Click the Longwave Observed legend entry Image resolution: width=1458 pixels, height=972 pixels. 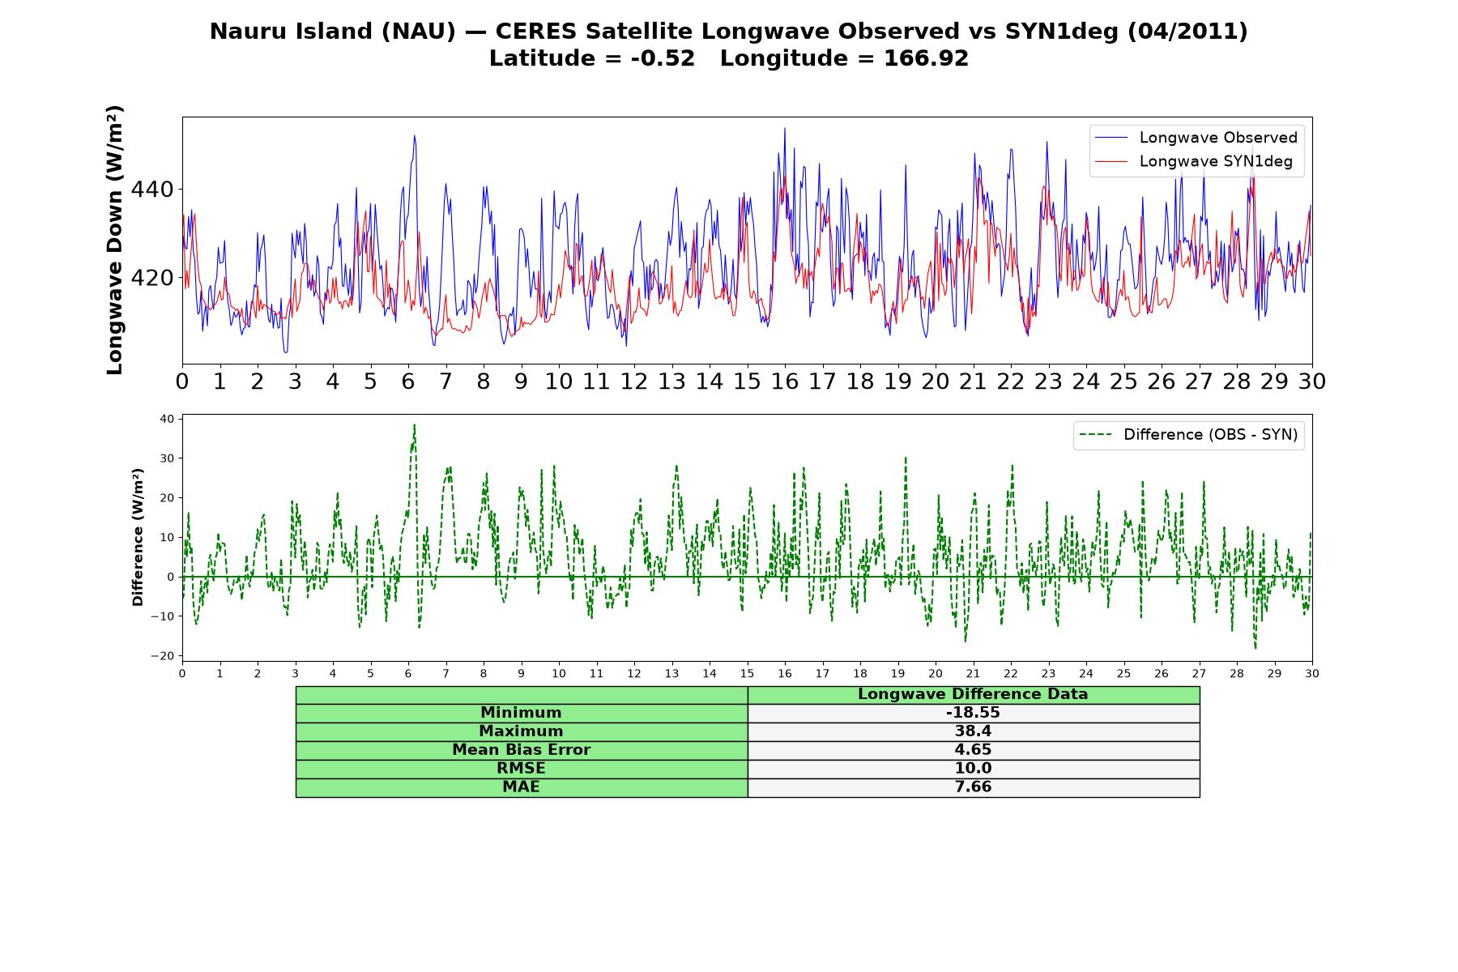[x=1196, y=138]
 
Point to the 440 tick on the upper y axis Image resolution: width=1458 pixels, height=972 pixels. [x=152, y=190]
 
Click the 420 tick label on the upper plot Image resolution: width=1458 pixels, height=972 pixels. [x=152, y=278]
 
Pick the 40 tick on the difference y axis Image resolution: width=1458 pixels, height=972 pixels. [x=167, y=419]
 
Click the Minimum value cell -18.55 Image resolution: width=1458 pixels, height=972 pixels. [x=973, y=713]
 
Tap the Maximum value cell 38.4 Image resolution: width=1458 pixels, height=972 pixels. [x=973, y=731]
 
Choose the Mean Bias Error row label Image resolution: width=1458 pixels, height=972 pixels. [x=521, y=750]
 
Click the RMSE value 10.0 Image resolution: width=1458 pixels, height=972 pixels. [x=973, y=769]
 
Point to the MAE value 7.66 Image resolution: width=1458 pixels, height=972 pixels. [x=973, y=787]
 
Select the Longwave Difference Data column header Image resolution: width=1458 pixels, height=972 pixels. [x=973, y=694]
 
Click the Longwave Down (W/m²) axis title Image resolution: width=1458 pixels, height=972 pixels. [x=114, y=240]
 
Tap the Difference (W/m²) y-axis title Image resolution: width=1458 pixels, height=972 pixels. [x=138, y=537]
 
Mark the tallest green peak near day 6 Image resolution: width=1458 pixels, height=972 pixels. [x=414, y=424]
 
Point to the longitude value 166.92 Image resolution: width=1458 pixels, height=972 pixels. [x=926, y=59]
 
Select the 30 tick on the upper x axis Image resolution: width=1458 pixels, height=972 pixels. [x=1312, y=382]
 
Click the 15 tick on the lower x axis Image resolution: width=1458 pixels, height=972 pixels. [x=747, y=674]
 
